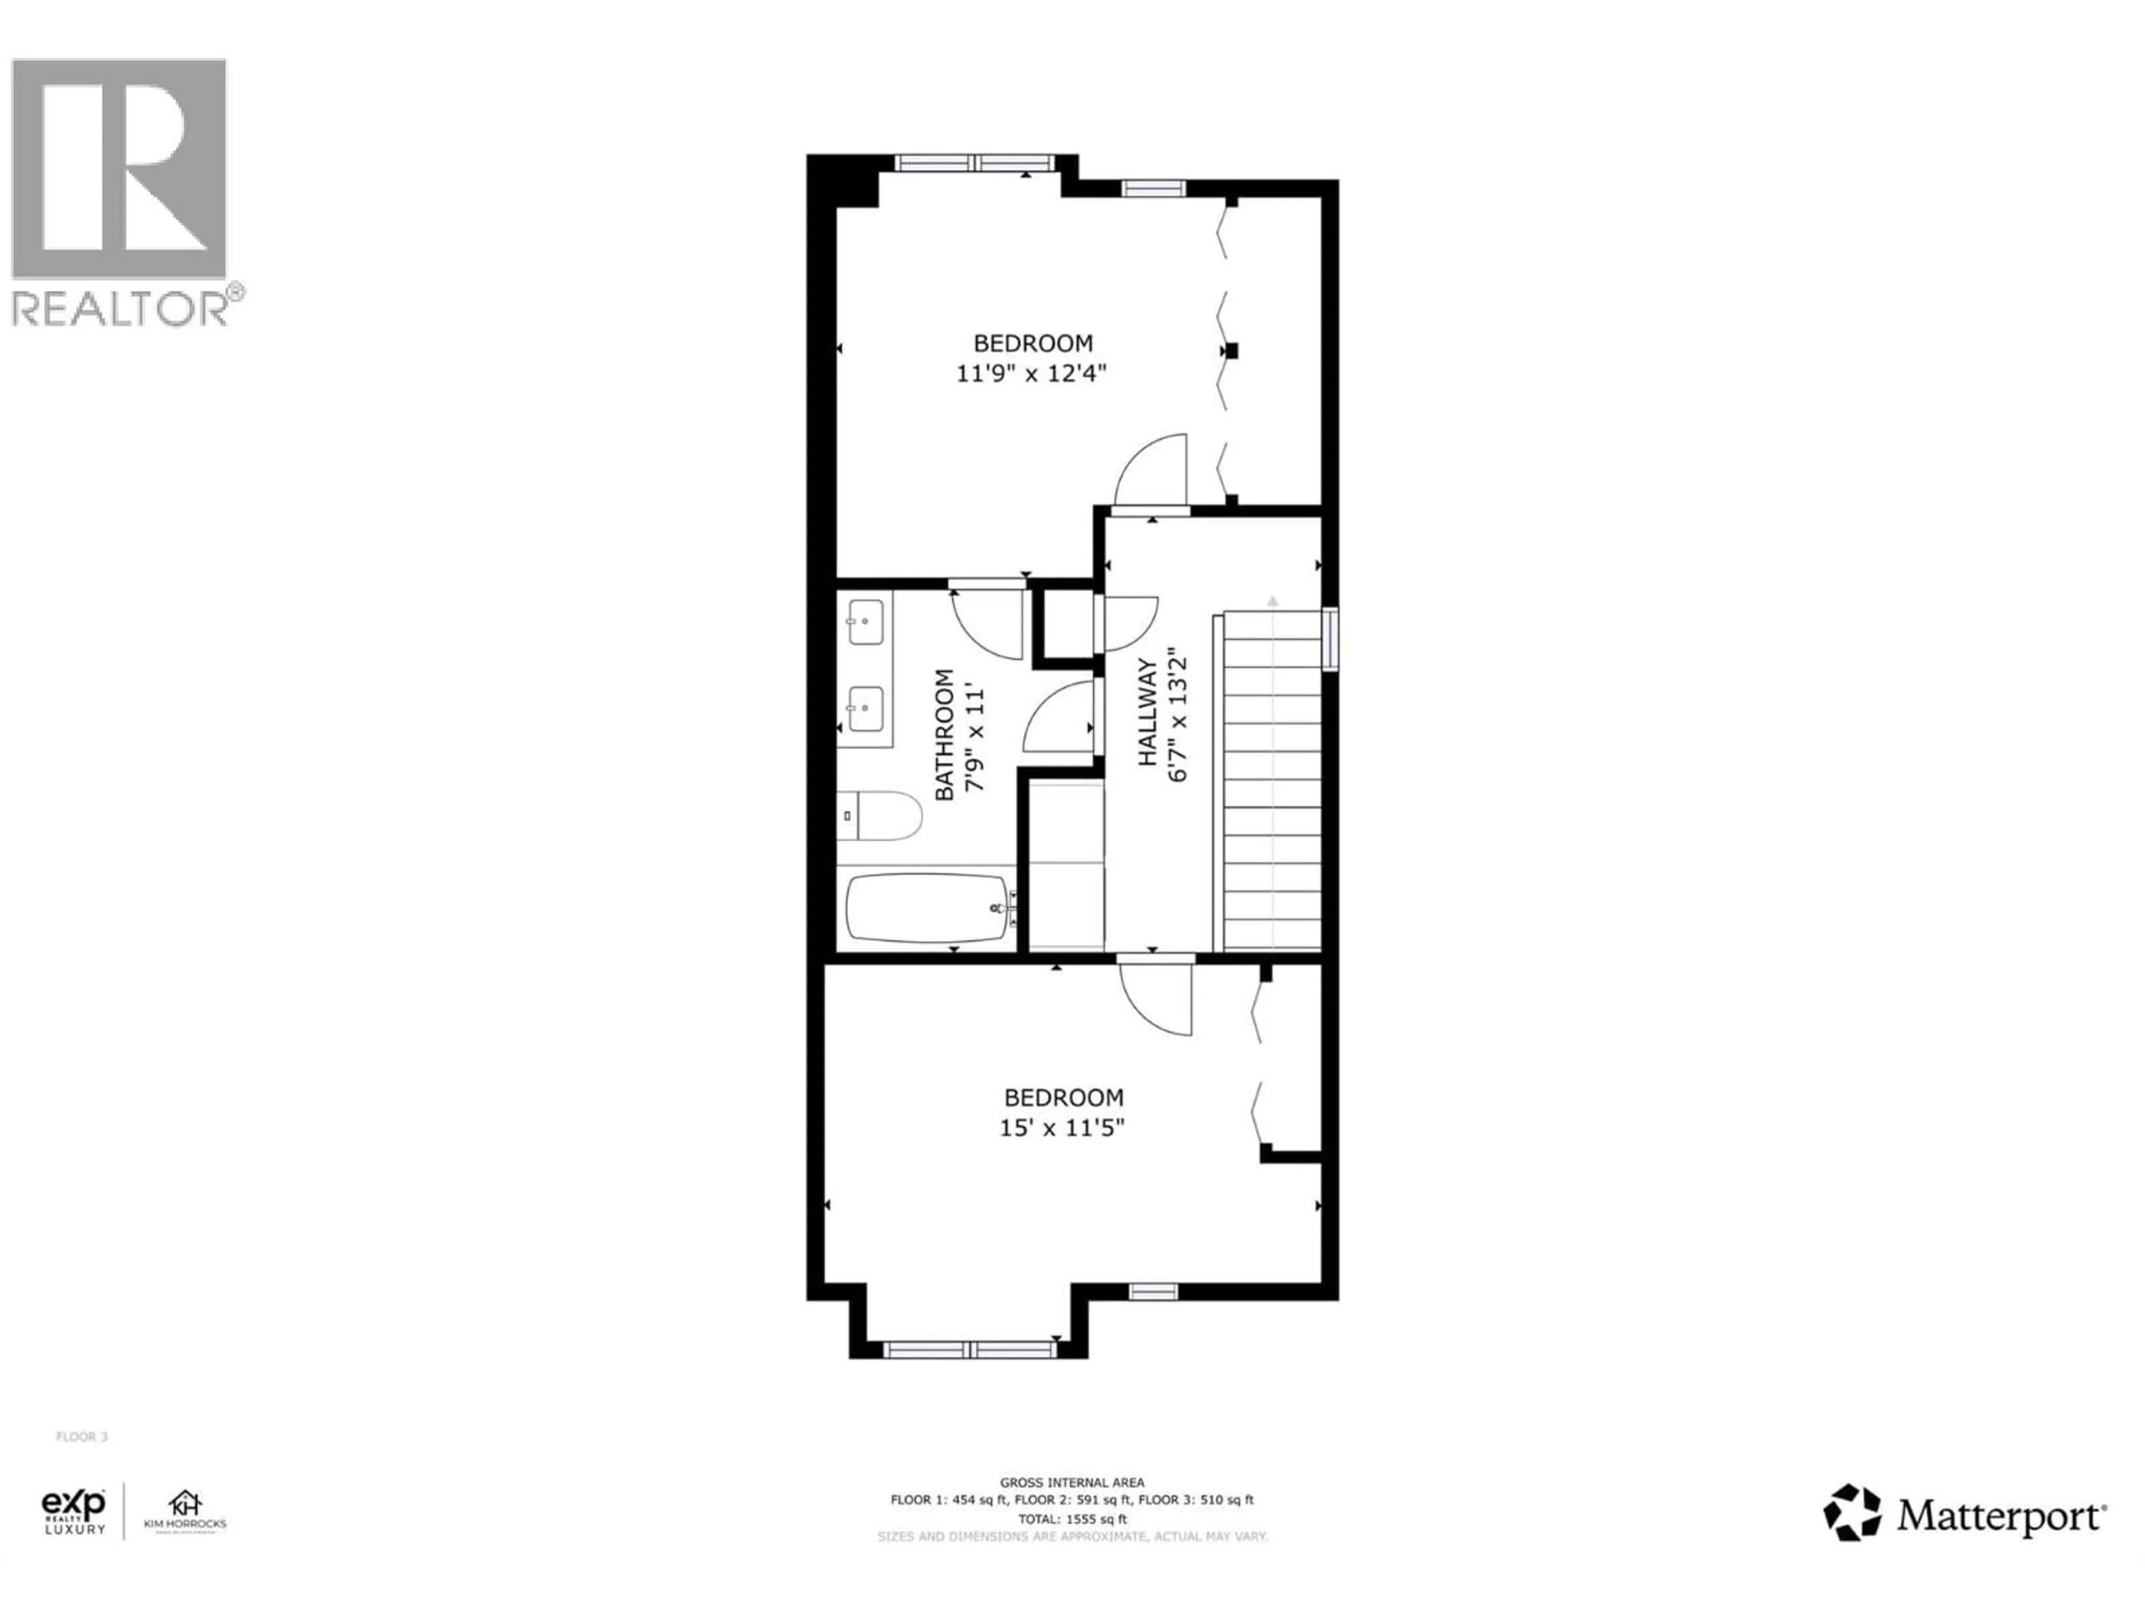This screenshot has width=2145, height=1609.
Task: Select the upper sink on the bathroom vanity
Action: pos(865,622)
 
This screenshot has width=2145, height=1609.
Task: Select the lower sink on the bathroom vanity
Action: pos(865,709)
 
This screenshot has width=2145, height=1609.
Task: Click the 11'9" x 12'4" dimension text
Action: pos(1032,373)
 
